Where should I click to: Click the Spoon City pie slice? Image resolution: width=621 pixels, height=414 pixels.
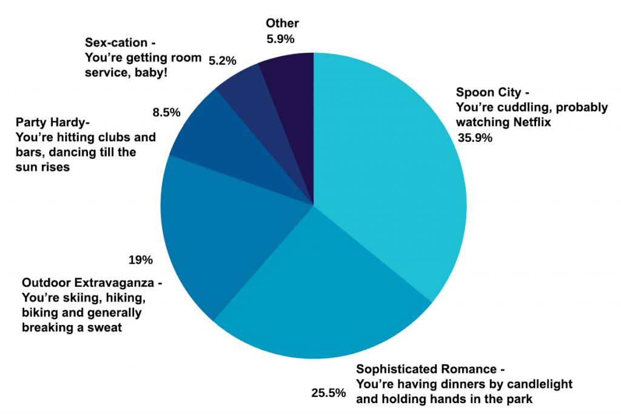(x=388, y=170)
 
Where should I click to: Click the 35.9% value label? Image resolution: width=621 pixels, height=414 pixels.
(x=475, y=138)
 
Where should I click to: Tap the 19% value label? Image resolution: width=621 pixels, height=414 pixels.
(x=140, y=260)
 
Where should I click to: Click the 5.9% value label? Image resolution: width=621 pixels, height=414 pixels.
(x=280, y=39)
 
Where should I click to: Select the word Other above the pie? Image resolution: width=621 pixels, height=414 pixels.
(x=283, y=24)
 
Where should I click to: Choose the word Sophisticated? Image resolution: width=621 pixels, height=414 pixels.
(x=401, y=369)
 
